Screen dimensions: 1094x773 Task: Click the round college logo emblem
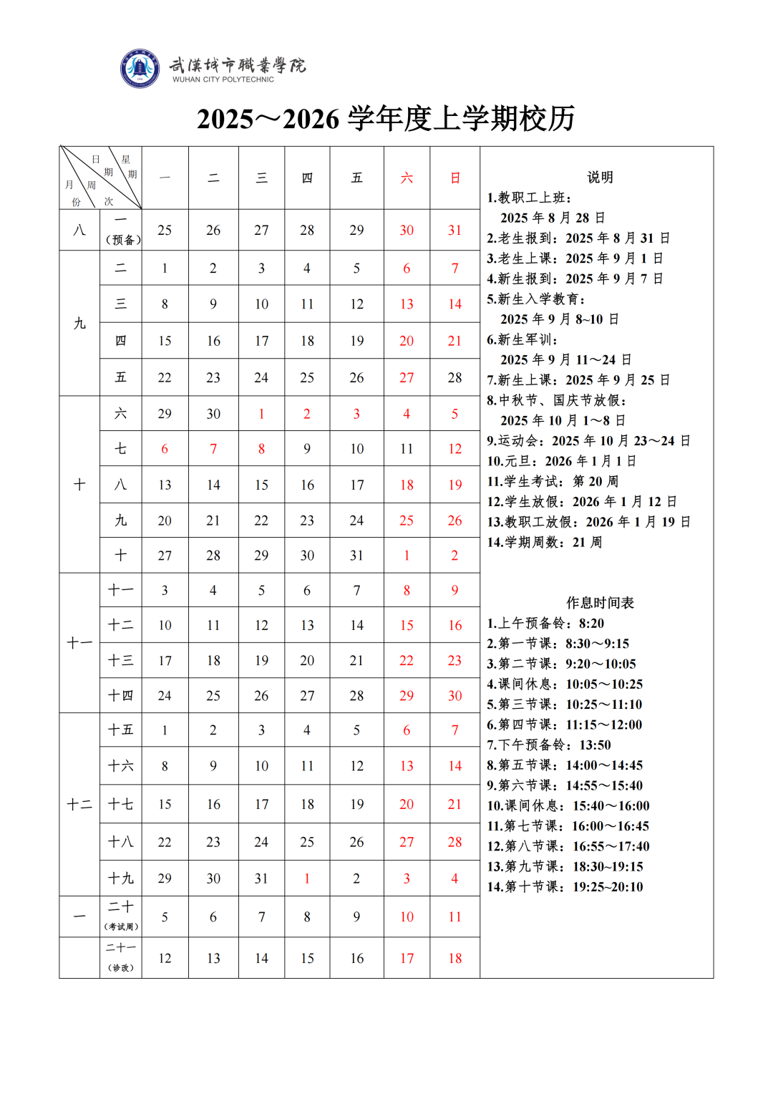(x=140, y=69)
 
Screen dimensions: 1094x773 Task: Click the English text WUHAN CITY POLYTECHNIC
(x=223, y=79)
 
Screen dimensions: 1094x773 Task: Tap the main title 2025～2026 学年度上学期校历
(x=386, y=119)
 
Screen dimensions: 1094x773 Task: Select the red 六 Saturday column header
(x=407, y=178)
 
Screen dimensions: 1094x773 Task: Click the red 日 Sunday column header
(x=455, y=178)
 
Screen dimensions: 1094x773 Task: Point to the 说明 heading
(x=600, y=177)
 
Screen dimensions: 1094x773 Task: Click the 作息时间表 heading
(x=600, y=603)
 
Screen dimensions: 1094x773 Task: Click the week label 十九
(x=121, y=878)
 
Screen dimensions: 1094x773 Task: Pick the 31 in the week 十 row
(x=356, y=556)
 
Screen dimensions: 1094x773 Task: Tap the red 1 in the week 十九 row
(x=307, y=878)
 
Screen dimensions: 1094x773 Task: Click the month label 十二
(x=79, y=805)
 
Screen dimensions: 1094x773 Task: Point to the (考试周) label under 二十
(x=122, y=926)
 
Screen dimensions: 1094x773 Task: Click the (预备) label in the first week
(x=123, y=240)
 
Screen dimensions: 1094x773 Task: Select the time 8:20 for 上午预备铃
(x=591, y=624)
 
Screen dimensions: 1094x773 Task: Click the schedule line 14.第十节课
(x=565, y=887)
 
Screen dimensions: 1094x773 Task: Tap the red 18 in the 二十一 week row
(x=455, y=959)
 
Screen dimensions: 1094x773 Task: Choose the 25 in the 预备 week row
(x=165, y=230)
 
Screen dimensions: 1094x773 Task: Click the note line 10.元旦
(x=561, y=461)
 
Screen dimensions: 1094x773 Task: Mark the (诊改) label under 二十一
(x=121, y=968)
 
